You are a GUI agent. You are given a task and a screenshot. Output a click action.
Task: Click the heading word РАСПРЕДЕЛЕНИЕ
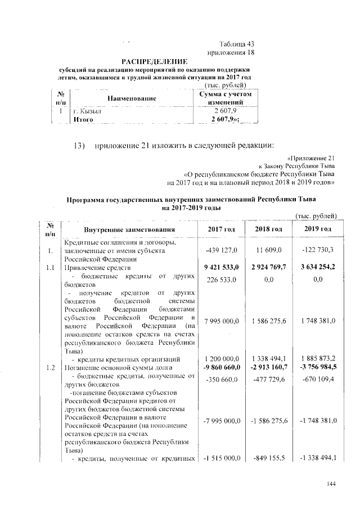click(x=155, y=61)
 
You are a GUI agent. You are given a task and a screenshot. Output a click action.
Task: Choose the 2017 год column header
click(x=222, y=230)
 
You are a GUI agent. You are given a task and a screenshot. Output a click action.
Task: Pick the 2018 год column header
click(x=268, y=230)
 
